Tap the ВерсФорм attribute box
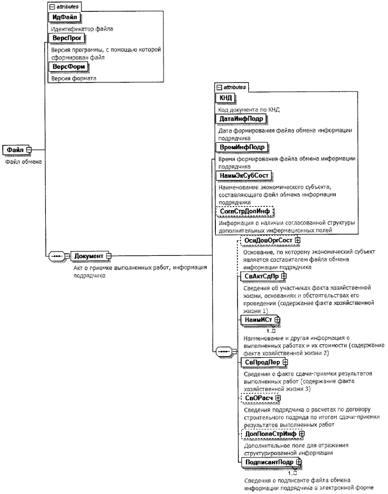pos(69,67)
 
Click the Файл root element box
pos(15,149)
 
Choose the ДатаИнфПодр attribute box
pos(241,119)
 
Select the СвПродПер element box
pos(259,363)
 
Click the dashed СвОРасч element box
pos(255,398)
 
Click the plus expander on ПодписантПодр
pos(298,462)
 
